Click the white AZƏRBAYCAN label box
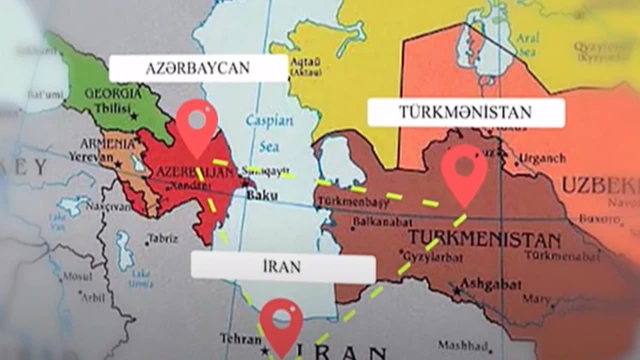[x=197, y=68]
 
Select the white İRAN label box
[x=283, y=268]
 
